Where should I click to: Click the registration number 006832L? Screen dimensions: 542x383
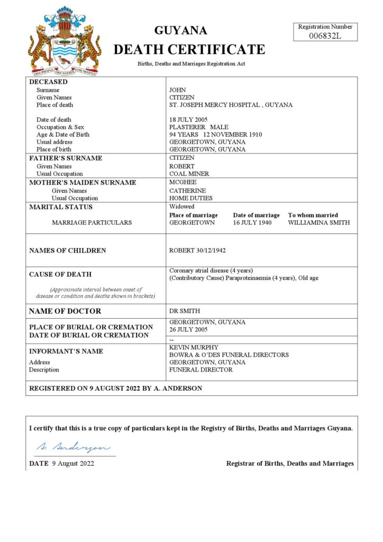pyautogui.click(x=325, y=35)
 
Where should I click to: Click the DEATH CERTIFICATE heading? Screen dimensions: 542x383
pyautogui.click(x=189, y=50)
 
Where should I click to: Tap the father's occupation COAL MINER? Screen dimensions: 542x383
pyautogui.click(x=189, y=174)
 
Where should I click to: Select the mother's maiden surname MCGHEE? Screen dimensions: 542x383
pyautogui.click(x=183, y=182)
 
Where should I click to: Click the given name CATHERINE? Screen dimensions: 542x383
pyautogui.click(x=188, y=191)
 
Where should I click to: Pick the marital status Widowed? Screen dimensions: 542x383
pyautogui.click(x=182, y=206)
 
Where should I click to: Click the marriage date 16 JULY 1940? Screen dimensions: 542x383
pyautogui.click(x=253, y=223)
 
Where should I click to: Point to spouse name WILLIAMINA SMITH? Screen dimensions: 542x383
pyautogui.click(x=318, y=223)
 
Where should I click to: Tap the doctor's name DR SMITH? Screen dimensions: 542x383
pyautogui.click(x=185, y=311)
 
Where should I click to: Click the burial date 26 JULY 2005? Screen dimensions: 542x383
pyautogui.click(x=189, y=329)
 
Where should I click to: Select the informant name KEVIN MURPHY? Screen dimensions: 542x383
pyautogui.click(x=194, y=347)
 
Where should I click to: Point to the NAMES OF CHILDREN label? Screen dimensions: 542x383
pyautogui.click(x=67, y=250)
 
